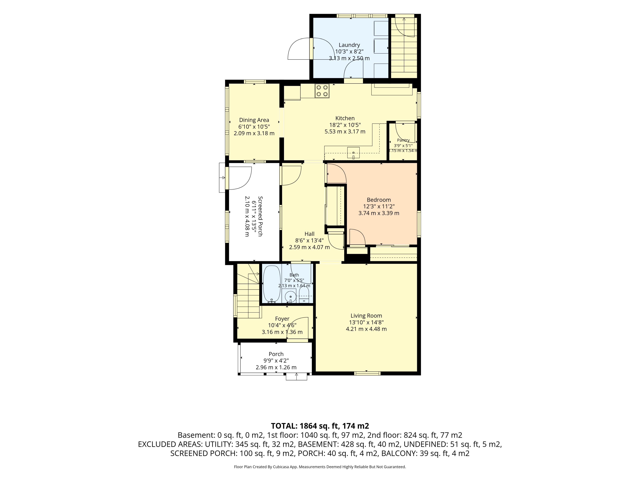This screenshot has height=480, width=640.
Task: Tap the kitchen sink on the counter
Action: point(353,153)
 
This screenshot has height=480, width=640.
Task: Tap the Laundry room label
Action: point(349,45)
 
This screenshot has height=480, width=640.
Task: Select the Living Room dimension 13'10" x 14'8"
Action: point(366,322)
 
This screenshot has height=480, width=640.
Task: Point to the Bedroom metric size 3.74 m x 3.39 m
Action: point(379,213)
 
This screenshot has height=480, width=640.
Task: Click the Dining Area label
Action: point(254,120)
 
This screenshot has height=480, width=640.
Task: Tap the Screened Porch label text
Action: point(260,216)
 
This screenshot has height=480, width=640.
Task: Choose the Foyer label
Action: point(282,318)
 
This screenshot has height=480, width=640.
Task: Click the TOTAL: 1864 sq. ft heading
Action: point(320,426)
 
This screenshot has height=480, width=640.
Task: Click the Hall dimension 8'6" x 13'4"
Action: point(309,240)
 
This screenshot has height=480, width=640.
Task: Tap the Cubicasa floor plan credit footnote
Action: point(320,467)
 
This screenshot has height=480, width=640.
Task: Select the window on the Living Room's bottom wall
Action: point(367,373)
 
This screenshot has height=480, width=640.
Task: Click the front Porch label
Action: point(276,354)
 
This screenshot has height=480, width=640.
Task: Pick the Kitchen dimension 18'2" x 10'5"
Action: point(345,125)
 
